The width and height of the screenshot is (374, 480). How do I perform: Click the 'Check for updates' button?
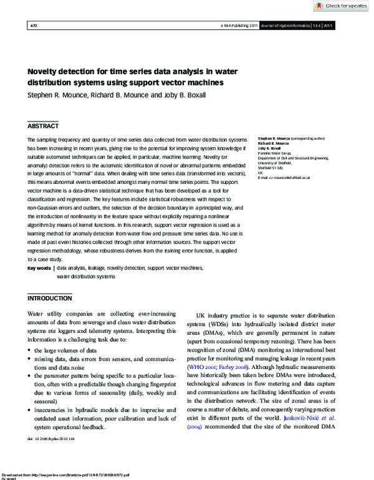click(341, 6)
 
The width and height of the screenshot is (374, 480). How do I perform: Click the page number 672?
click(33, 26)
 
